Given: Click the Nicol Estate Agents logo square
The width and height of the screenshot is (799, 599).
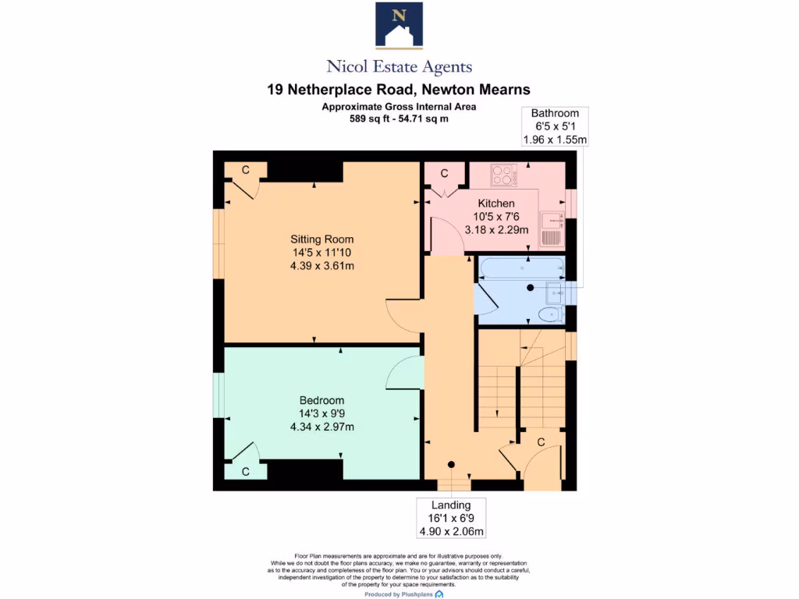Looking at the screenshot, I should coord(399,25).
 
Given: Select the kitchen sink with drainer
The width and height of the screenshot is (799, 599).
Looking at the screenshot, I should coord(552,229).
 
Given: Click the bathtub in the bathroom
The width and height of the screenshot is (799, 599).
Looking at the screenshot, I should coord(520,268).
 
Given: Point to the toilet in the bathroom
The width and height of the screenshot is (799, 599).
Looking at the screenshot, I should coord(551,314).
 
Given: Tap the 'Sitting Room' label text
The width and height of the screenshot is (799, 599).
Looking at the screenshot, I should coord(322,239).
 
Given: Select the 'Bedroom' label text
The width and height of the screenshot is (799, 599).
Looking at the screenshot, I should coord(322,400).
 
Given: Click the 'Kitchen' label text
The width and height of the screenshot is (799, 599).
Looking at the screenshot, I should coord(496,204).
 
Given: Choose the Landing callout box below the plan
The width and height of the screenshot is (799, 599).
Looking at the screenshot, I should coord(452,519).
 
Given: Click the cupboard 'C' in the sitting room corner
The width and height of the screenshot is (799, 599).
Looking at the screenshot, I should coord(245,169).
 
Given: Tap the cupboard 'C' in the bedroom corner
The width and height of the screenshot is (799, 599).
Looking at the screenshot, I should coord(245,471).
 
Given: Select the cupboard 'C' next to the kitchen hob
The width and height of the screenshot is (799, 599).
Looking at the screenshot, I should coord(444,173).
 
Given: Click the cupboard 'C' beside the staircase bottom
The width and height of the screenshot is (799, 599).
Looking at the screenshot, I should coord(540,442).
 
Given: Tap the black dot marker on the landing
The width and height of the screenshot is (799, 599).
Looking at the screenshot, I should coord(451,465).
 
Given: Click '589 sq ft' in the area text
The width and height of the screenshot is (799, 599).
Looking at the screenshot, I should coord(370,119).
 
